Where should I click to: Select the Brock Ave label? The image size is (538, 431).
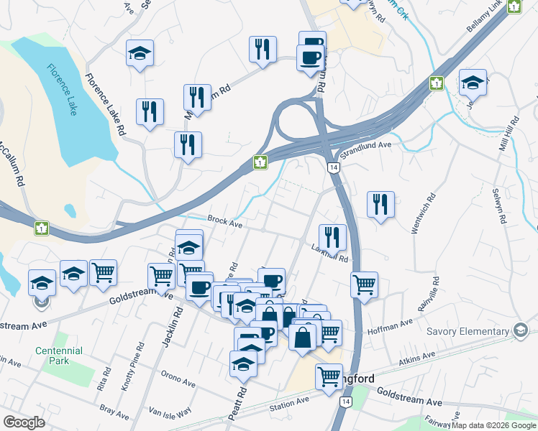click(x=224, y=223)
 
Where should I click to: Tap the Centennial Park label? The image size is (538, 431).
click(x=59, y=356)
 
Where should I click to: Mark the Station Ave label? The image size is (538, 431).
click(x=288, y=407)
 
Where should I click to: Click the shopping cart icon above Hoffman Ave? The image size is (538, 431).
click(x=365, y=284)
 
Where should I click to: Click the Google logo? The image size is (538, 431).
click(x=24, y=422)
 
